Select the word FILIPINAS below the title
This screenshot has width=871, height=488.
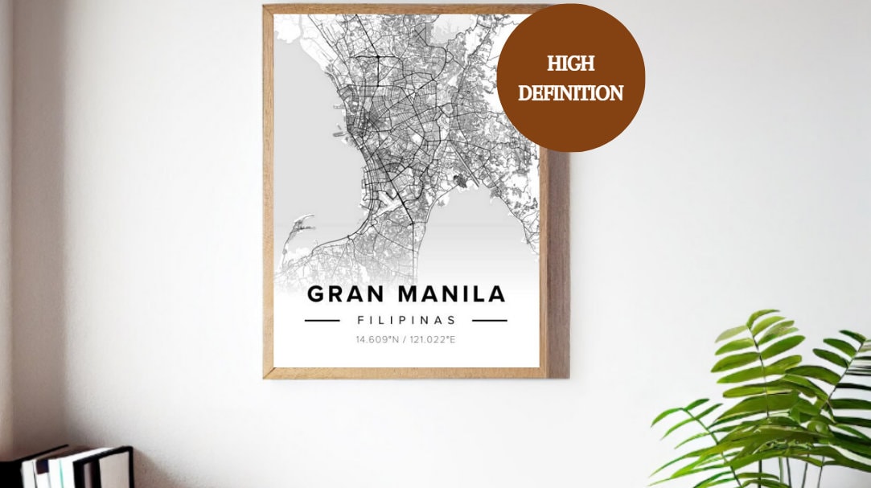pyautogui.click(x=406, y=320)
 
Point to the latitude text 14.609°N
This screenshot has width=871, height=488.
pyautogui.click(x=377, y=339)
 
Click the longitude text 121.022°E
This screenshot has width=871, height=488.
pyautogui.click(x=434, y=339)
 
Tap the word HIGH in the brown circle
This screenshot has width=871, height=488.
pyautogui.click(x=570, y=64)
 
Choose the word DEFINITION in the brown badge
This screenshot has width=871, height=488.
pyautogui.click(x=570, y=93)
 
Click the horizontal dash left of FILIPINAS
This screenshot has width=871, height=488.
pyautogui.click(x=322, y=320)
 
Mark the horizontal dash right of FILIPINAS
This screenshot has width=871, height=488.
pyautogui.click(x=489, y=320)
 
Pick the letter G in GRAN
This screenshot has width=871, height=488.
pyautogui.click(x=317, y=294)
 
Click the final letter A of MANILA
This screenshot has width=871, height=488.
pyautogui.click(x=497, y=294)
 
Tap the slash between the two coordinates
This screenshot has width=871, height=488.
pyautogui.click(x=406, y=339)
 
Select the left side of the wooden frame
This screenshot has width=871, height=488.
pyautogui.click(x=268, y=193)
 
